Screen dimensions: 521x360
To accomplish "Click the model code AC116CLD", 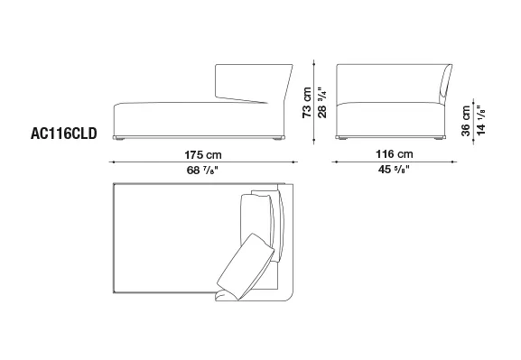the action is pyautogui.click(x=64, y=134).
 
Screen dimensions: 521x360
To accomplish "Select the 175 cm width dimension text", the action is pyautogui.click(x=203, y=155).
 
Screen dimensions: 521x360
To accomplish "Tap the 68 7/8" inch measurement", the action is pyautogui.click(x=202, y=170).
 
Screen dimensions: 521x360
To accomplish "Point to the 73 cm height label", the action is pyautogui.click(x=307, y=103).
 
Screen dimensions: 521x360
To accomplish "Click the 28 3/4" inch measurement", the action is pyautogui.click(x=322, y=103).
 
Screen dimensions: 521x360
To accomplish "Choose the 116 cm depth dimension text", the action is pyautogui.click(x=395, y=154).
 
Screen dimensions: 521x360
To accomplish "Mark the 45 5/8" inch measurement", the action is pyautogui.click(x=394, y=170).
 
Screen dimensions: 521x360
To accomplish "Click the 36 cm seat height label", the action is pyautogui.click(x=466, y=121).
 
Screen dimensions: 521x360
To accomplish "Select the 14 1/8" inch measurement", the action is pyautogui.click(x=480, y=120).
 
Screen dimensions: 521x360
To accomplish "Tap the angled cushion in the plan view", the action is pyautogui.click(x=246, y=267).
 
